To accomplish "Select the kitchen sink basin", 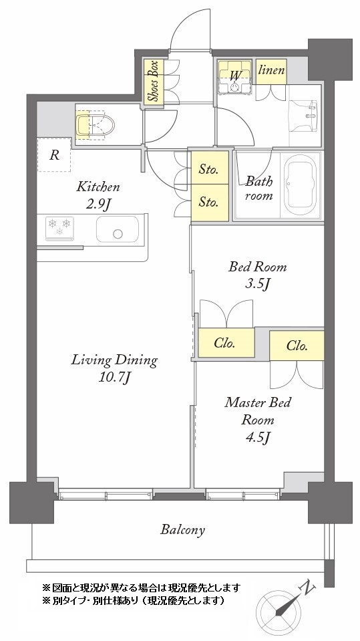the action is pyautogui.click(x=118, y=229).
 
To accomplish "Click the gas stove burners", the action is pyautogui.click(x=59, y=227).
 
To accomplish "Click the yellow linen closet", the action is pyautogui.click(x=271, y=72).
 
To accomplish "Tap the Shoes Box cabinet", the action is pyautogui.click(x=153, y=81).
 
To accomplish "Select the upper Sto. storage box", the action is pyautogui.click(x=210, y=167).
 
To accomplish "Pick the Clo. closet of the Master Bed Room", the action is pyautogui.click(x=297, y=346).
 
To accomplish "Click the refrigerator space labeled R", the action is pyautogui.click(x=53, y=155).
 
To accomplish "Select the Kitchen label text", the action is pyautogui.click(x=98, y=187).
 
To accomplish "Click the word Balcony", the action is pyautogui.click(x=182, y=530).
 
